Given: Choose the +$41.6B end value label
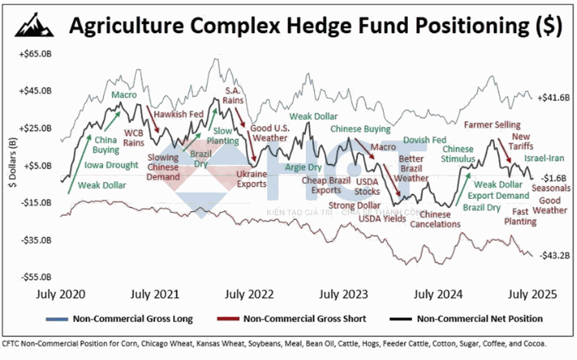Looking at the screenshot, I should tap(554, 97).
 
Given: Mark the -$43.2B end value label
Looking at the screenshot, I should tap(554, 255).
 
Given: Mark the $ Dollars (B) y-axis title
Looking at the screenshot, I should tap(10, 166).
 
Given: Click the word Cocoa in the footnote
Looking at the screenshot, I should tap(534, 344).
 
